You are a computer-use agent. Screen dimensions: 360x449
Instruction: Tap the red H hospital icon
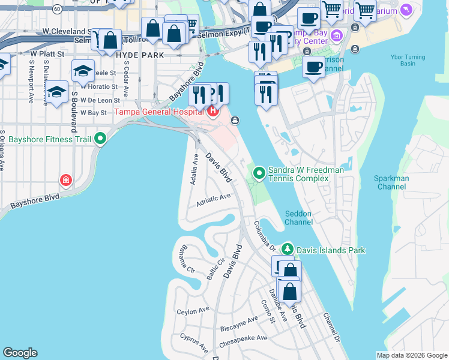[x=212, y=111]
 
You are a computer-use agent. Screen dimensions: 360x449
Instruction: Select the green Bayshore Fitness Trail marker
[x=100, y=139]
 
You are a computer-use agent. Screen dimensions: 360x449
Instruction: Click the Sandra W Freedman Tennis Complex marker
[x=259, y=173]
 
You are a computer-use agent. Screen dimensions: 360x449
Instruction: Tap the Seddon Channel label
[x=298, y=218]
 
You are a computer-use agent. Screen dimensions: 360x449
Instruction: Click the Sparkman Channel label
[x=391, y=182]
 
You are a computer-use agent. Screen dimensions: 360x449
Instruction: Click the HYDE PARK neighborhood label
[x=139, y=54]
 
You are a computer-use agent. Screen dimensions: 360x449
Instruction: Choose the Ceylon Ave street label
[x=193, y=311]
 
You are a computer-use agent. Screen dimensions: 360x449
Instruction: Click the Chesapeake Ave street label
[x=244, y=338]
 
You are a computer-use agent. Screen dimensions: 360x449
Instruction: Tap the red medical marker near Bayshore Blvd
[x=66, y=180]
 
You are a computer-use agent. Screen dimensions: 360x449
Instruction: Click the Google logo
[x=20, y=353]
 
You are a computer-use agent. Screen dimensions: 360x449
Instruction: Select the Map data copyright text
[x=411, y=355]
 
